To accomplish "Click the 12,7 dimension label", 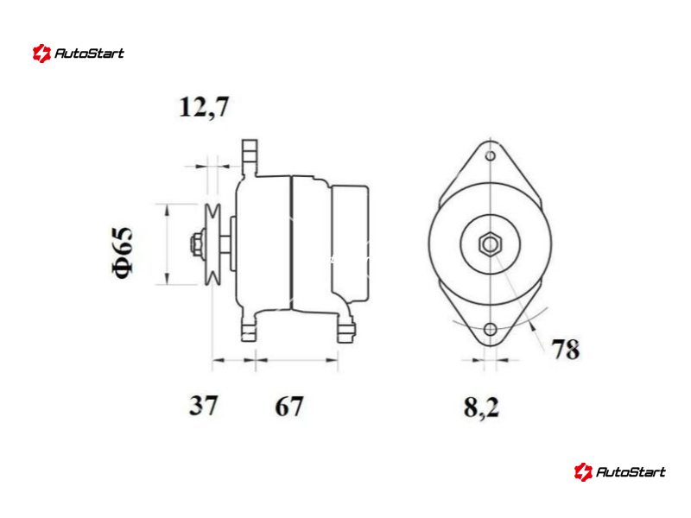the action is click(204, 107).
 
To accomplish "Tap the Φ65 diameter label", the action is click(122, 252).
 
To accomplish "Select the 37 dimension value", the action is click(203, 405).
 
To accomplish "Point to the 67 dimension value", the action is click(289, 406).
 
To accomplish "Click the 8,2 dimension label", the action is click(481, 407).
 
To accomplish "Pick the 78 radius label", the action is click(566, 350).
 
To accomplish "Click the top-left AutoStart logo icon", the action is click(41, 54).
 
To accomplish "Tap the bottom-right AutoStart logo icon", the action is click(583, 472).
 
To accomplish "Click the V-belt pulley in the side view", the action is click(212, 244).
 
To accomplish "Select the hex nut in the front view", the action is click(490, 244).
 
